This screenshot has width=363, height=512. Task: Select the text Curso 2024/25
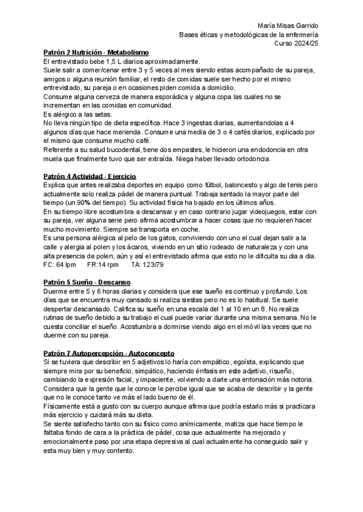tap(298, 44)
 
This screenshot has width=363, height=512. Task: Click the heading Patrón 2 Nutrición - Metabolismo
tap(97, 53)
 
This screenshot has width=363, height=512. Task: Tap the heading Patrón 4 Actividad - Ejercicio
tap(90, 176)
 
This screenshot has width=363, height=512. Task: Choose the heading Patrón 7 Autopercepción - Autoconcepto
tap(100, 353)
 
